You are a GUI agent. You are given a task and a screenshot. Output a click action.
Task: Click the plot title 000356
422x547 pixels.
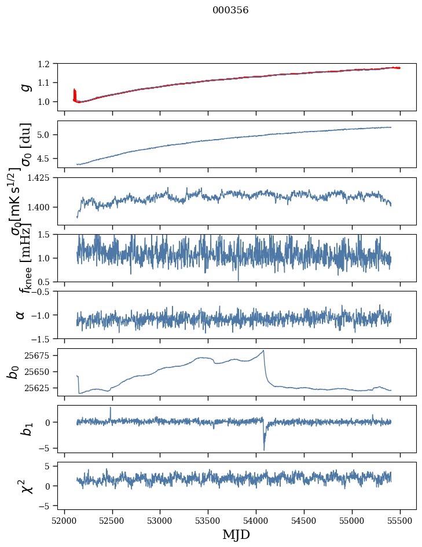coord(230,10)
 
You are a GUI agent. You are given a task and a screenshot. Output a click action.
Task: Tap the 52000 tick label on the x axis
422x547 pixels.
coord(64,521)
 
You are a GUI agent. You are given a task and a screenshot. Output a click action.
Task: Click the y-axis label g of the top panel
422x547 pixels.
coord(24,86)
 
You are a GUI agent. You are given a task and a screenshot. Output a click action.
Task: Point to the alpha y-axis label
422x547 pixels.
coord(20,315)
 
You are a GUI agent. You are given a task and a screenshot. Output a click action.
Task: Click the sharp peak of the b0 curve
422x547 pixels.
coord(264,351)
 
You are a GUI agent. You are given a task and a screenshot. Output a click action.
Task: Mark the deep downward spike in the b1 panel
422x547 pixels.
coord(264,449)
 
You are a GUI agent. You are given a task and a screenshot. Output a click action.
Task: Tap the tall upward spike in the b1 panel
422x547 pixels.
coord(111,407)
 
